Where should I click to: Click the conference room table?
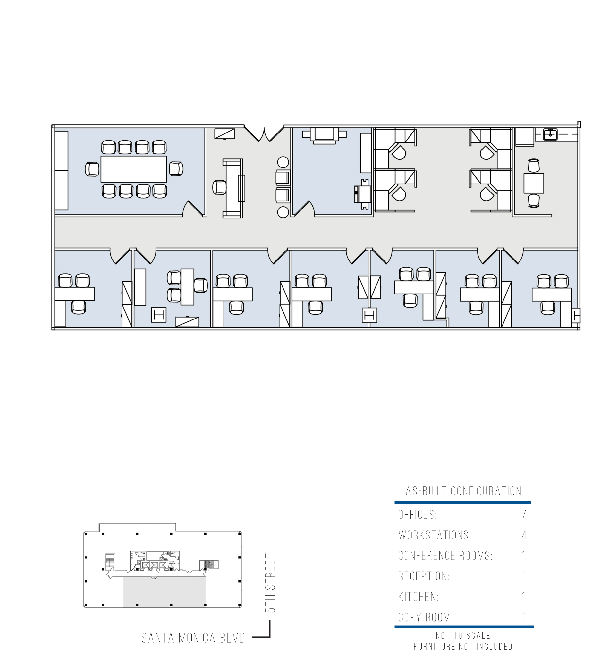click(134, 169)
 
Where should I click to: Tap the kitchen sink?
click(550, 134)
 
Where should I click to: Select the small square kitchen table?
click(533, 183)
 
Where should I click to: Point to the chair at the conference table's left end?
click(92, 169)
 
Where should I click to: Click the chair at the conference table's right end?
click(176, 169)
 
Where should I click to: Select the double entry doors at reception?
click(264, 134)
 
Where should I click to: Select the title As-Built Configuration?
click(463, 491)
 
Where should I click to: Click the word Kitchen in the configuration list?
click(418, 597)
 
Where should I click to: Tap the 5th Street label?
click(270, 583)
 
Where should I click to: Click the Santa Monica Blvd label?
click(193, 638)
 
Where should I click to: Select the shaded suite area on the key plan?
click(165, 592)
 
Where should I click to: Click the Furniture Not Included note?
click(463, 646)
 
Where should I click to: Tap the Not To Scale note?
click(463, 636)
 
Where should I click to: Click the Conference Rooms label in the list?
click(445, 555)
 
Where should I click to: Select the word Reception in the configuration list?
click(424, 576)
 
